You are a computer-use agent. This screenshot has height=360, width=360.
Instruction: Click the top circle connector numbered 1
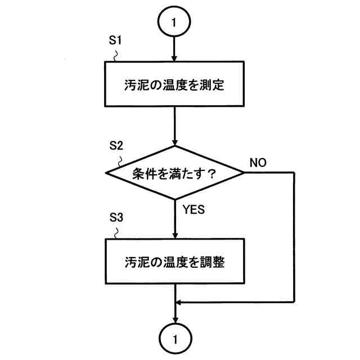pyautogui.click(x=175, y=22)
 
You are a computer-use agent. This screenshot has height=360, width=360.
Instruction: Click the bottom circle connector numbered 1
pyautogui.click(x=175, y=339)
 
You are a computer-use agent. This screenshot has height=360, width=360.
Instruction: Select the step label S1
pyautogui.click(x=114, y=43)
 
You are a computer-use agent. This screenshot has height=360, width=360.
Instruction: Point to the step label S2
pyautogui.click(x=115, y=145)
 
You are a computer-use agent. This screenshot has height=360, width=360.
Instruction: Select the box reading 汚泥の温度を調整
pyautogui.click(x=175, y=262)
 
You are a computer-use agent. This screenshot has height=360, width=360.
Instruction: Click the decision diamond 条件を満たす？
pyautogui.click(x=175, y=173)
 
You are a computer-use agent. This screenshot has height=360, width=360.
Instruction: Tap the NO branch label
pyautogui.click(x=258, y=163)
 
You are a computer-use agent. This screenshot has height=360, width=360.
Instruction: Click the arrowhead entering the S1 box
pyautogui.click(x=175, y=58)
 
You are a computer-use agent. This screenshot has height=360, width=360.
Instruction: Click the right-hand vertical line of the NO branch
pyautogui.click(x=295, y=236)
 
